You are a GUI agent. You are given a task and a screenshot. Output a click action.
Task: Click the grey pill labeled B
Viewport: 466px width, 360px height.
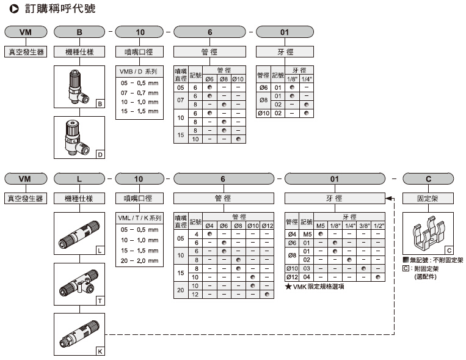coord(79,32)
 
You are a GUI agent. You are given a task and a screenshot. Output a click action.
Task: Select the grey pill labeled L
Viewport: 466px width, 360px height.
coord(79,178)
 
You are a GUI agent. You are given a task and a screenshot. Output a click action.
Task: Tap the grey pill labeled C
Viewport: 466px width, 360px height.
coord(428,178)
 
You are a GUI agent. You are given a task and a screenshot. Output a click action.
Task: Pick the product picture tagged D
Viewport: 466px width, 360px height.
coord(79,138)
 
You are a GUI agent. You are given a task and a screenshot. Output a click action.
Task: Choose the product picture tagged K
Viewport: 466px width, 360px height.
coord(79,335)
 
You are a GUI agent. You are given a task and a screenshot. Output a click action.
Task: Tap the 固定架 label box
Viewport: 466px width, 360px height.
coord(428,198)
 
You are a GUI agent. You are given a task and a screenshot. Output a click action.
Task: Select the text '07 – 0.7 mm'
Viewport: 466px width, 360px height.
coord(140,92)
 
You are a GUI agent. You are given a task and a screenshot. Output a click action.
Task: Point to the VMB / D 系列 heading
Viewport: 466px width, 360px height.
coord(140,72)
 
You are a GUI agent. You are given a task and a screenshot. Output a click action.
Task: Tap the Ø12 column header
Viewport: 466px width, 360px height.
coord(268,226)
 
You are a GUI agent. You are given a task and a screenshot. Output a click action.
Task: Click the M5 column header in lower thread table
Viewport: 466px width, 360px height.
coord(321,226)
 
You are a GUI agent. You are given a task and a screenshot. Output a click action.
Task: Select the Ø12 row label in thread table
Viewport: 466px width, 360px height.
coord(292,277)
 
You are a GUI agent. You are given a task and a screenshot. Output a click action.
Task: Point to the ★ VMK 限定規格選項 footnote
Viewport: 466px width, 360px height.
coord(315,287)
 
